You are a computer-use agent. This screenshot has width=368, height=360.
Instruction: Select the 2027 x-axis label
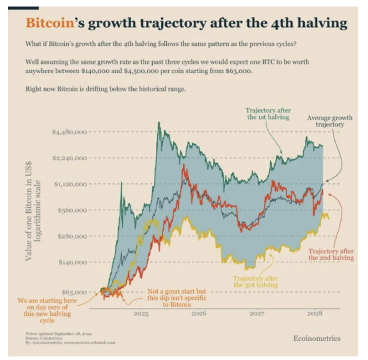257,313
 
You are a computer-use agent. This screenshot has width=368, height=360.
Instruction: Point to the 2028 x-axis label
314,313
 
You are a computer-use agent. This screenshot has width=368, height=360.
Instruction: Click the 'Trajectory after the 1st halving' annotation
264,113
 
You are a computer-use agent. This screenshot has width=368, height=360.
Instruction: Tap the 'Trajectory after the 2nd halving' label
331,255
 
